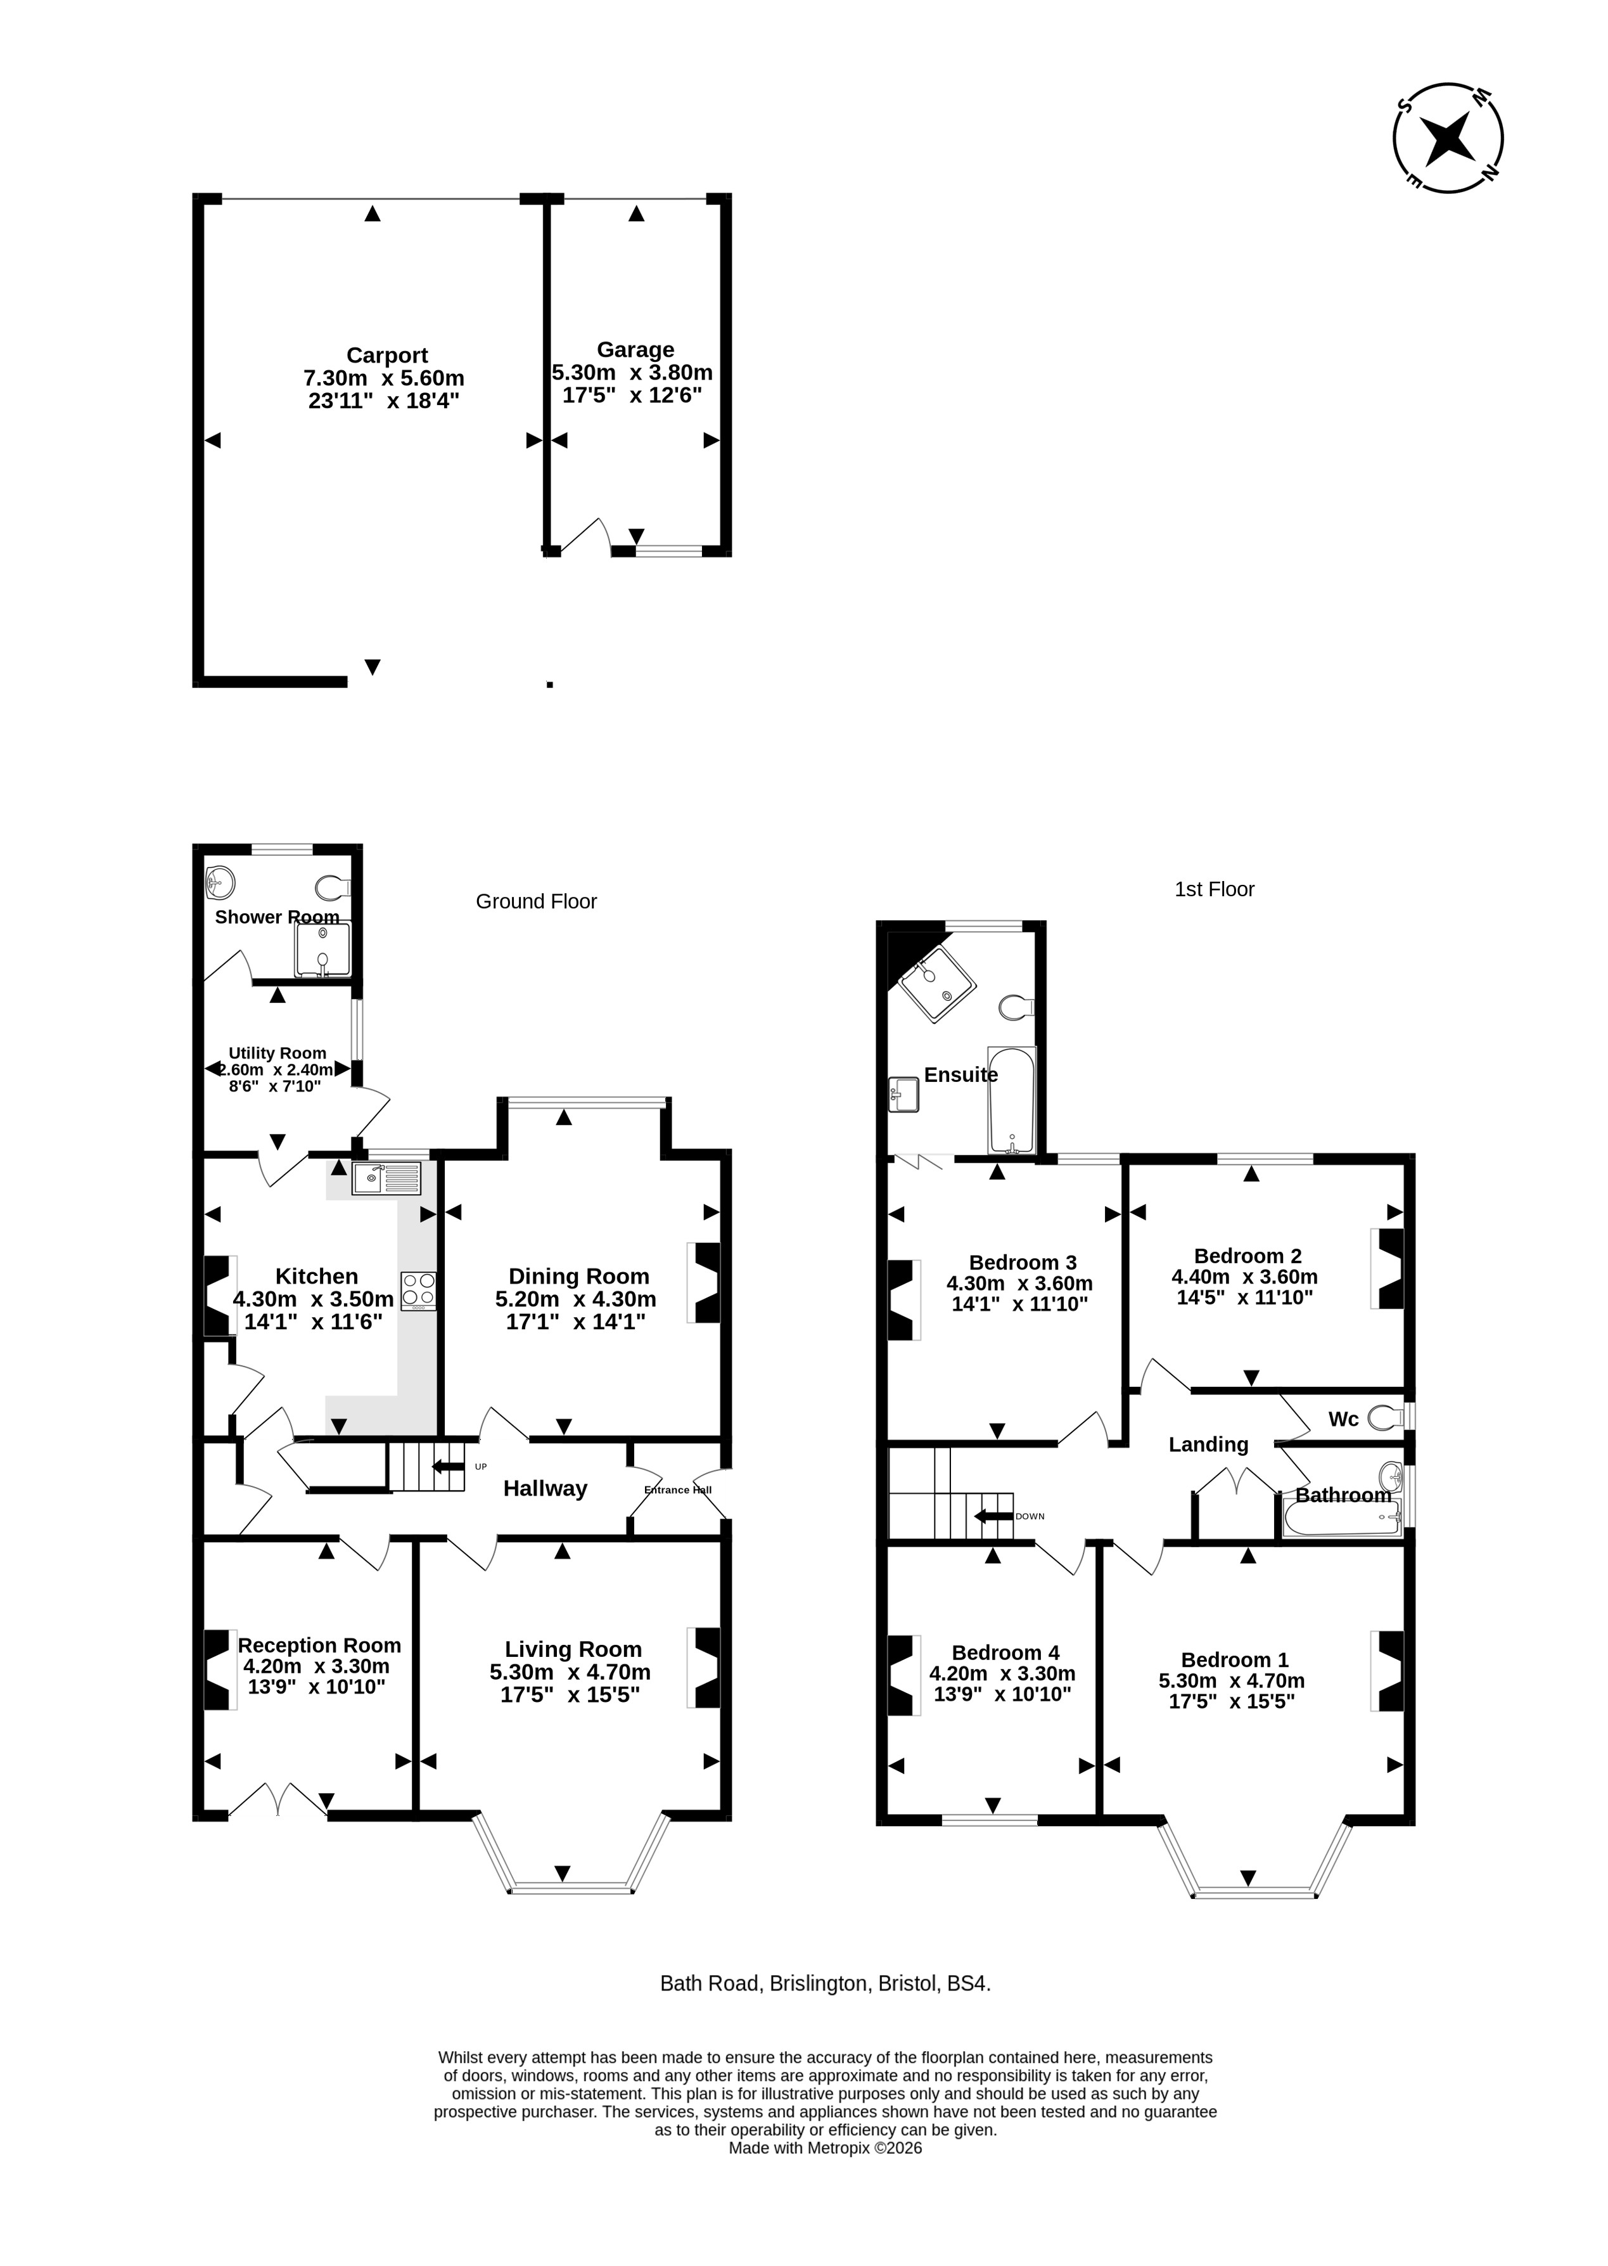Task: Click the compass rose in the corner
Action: pyautogui.click(x=1448, y=138)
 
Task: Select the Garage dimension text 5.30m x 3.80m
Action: pyautogui.click(x=632, y=373)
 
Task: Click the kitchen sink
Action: pyautogui.click(x=386, y=1178)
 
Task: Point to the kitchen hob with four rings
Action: pyautogui.click(x=418, y=1291)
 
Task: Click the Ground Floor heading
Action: pyautogui.click(x=537, y=901)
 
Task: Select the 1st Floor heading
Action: pyautogui.click(x=1214, y=889)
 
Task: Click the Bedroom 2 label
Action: pyautogui.click(x=1247, y=1256)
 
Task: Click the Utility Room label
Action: pyautogui.click(x=278, y=1053)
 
